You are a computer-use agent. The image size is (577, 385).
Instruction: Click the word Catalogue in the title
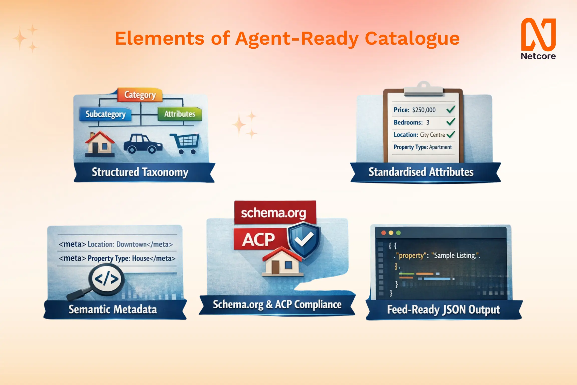(412, 39)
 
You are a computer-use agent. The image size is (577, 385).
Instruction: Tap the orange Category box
(140, 95)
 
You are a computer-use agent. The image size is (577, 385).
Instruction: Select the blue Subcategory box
(105, 114)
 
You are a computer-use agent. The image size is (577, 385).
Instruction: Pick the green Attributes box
(180, 114)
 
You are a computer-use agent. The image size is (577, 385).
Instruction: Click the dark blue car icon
(143, 144)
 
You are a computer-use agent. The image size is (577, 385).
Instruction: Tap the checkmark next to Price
(451, 110)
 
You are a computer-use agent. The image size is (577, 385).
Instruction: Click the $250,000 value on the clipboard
(424, 110)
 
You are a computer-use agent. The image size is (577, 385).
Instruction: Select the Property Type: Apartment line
(422, 147)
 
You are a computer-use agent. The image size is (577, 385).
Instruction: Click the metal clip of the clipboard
(423, 89)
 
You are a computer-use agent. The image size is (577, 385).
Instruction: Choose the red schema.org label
(275, 213)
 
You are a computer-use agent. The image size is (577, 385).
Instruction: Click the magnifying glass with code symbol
(106, 279)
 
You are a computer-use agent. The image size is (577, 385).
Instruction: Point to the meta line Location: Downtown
(116, 244)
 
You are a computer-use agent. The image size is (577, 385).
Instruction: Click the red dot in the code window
(383, 233)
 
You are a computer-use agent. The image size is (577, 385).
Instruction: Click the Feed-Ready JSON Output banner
(444, 310)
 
